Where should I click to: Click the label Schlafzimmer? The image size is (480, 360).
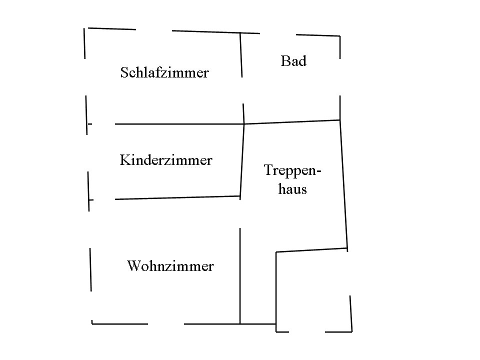pyautogui.click(x=164, y=73)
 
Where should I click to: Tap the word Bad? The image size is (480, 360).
pyautogui.click(x=293, y=61)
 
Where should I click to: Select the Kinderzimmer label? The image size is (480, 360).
pyautogui.click(x=166, y=160)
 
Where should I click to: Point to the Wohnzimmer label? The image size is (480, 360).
pyautogui.click(x=170, y=266)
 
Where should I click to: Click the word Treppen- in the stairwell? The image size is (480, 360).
pyautogui.click(x=292, y=170)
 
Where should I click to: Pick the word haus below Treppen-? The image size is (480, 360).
pyautogui.click(x=292, y=189)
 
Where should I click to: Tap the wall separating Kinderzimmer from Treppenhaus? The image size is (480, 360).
pyautogui.click(x=242, y=160)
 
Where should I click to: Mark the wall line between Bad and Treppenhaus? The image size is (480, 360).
pyautogui.click(x=292, y=121)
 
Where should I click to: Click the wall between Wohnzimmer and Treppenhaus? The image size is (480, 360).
pyautogui.click(x=240, y=275)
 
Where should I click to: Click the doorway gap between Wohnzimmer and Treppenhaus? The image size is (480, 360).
pyautogui.click(x=240, y=212)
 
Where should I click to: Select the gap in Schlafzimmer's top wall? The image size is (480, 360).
pyautogui.click(x=154, y=30)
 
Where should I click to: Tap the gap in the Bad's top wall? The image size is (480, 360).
pyautogui.click(x=278, y=34)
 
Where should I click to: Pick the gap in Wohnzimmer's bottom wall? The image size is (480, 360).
pyautogui.click(x=166, y=323)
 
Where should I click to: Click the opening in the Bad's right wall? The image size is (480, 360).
pyautogui.click(x=340, y=77)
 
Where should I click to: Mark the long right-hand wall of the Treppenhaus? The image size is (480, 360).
pyautogui.click(x=343, y=185)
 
